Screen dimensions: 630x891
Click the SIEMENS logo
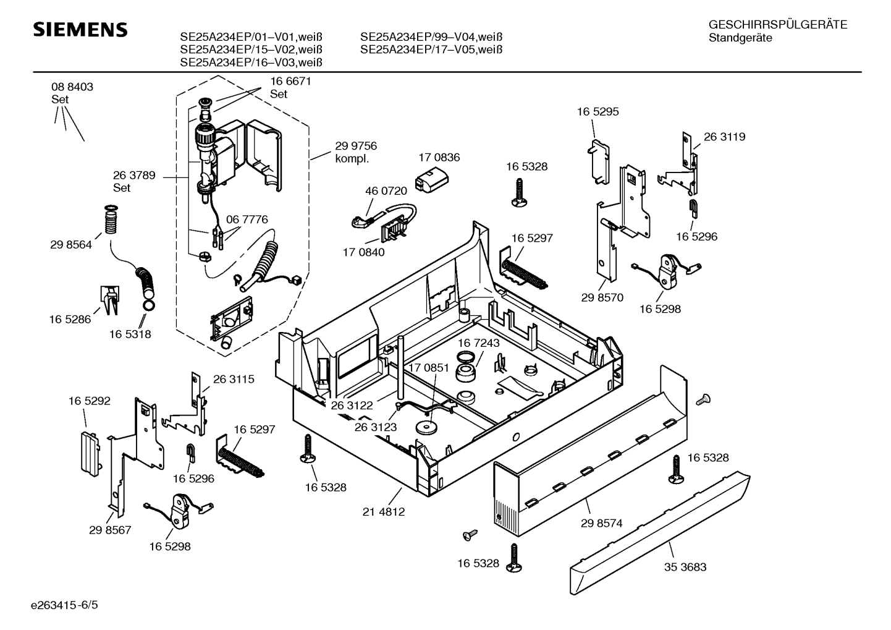coord(80,30)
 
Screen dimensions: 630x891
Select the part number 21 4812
coord(384,512)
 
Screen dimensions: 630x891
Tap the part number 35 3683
coord(685,566)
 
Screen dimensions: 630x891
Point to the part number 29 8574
coord(601,523)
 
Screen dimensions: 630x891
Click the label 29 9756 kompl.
coord(355,152)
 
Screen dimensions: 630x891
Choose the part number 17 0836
coord(439,158)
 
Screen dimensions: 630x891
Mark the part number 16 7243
coord(478,343)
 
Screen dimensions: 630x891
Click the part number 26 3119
coord(724,137)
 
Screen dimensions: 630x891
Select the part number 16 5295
coord(598,112)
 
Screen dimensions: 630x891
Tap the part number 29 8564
coord(71,245)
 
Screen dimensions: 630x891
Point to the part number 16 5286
coord(70,319)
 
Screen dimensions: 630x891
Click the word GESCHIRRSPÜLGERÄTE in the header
coord(777,25)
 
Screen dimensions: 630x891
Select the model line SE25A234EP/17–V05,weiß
coord(431,49)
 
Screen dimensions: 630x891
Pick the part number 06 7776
coord(247,219)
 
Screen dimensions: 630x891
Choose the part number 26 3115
coord(234,379)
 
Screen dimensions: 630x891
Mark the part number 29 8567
coord(110,530)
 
